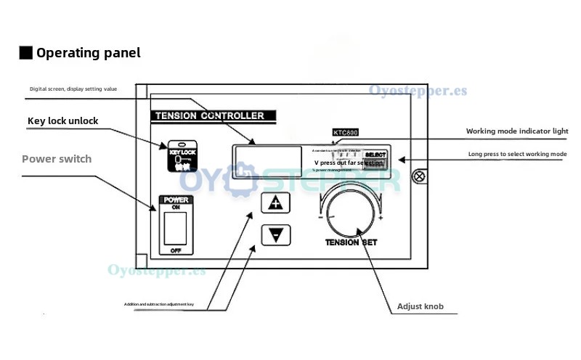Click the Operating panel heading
coord(88,53)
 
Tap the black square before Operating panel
coord(25,53)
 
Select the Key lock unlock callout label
coord(62,120)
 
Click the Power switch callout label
coord(57,158)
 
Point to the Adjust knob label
coord(420,306)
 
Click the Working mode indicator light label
coord(516,131)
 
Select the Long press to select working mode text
coord(517,154)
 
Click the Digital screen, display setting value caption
coord(73,89)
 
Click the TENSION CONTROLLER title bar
coord(209,115)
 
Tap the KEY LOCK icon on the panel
coord(182,155)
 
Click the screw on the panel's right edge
coord(418,175)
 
